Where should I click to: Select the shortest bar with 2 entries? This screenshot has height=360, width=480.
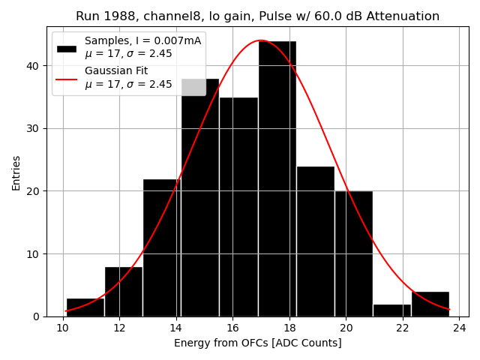click(391, 310)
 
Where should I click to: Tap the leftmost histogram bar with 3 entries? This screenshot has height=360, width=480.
click(85, 307)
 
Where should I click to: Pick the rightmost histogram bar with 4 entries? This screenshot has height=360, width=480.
click(430, 304)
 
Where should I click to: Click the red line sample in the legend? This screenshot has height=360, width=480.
click(67, 77)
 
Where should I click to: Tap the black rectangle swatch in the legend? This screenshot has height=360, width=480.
click(67, 48)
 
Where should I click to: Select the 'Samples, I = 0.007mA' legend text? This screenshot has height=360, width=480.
click(142, 40)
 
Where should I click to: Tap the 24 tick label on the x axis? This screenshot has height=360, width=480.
click(460, 328)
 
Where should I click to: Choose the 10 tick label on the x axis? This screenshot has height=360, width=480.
click(64, 328)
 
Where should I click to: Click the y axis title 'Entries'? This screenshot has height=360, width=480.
click(16, 172)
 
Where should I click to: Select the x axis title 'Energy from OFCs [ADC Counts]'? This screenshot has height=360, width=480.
click(257, 343)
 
